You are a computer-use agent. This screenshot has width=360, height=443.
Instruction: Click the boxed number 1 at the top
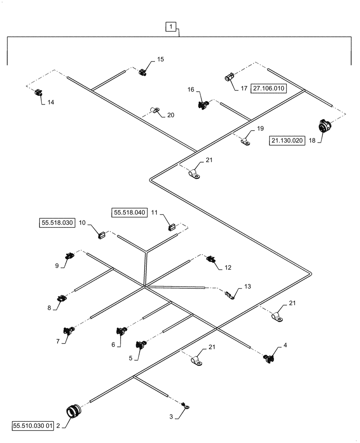coord(171,27)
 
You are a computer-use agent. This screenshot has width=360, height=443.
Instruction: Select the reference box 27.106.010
coord(270,88)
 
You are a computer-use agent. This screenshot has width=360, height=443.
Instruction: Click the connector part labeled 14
coord(39,93)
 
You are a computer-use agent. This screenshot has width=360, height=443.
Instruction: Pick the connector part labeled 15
coord(143,72)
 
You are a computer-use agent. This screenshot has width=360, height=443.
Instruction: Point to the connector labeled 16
coord(203,105)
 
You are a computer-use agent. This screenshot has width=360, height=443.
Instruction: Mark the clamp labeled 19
coord(246,141)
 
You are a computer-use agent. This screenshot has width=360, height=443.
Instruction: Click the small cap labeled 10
coord(102,234)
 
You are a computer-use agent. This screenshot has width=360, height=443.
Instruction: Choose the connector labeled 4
coord(268,358)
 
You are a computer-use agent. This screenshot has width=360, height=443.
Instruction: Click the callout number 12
coord(228,268)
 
